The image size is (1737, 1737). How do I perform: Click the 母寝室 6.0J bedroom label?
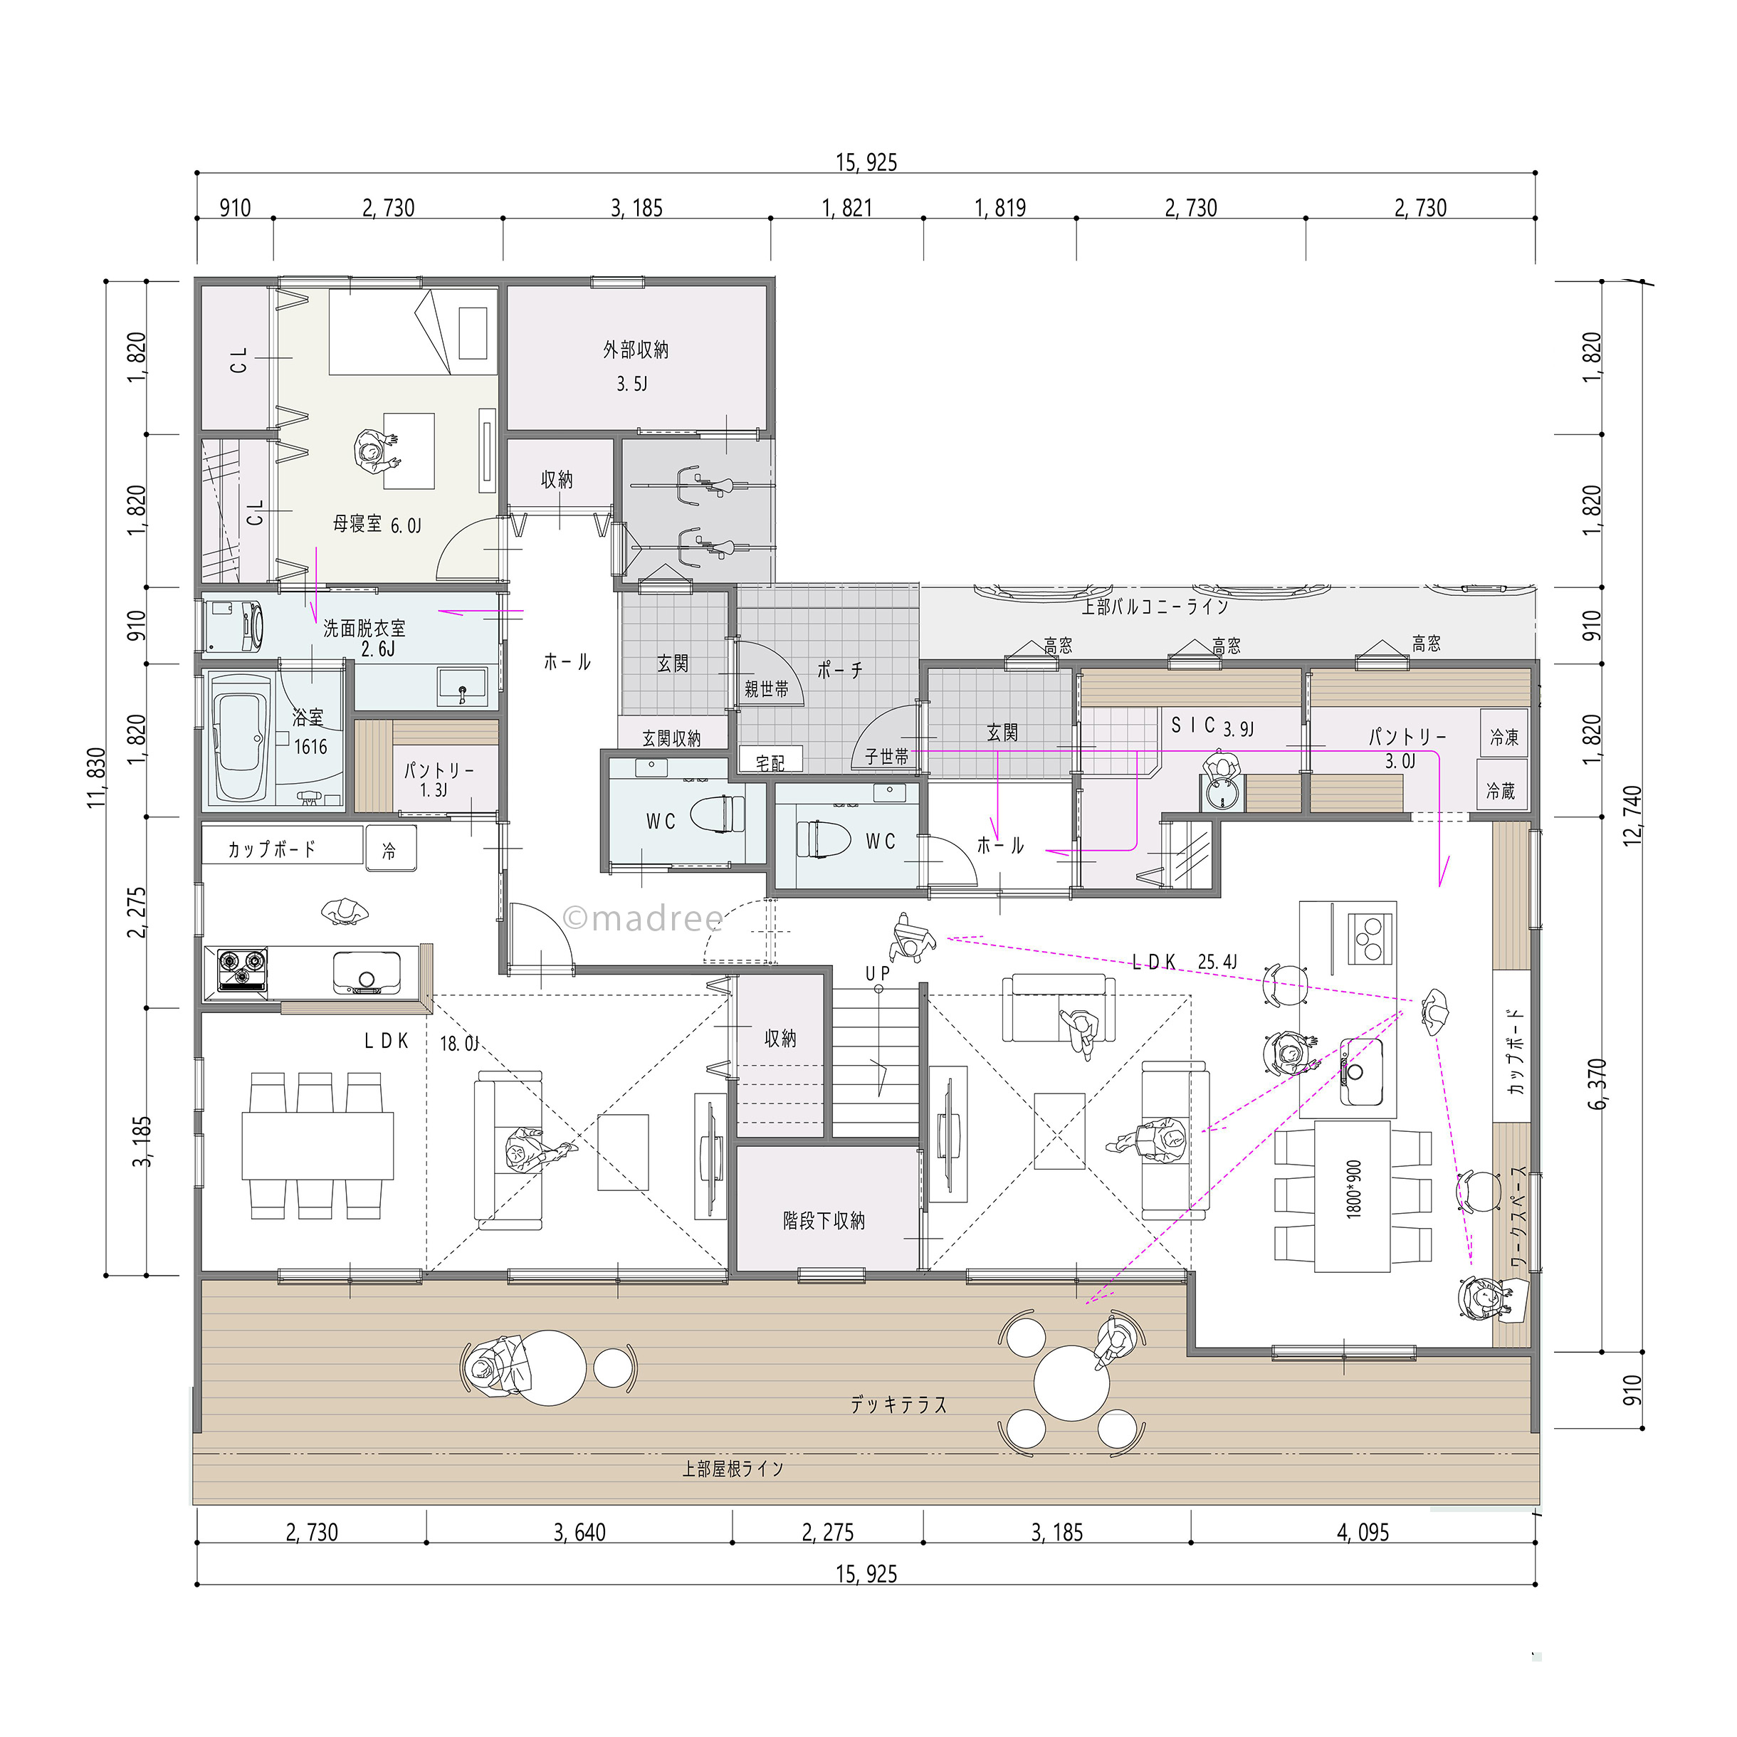(x=377, y=524)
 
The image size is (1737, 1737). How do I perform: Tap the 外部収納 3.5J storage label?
(x=636, y=366)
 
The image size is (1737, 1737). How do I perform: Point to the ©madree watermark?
(x=643, y=918)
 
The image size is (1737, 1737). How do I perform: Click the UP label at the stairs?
(x=878, y=973)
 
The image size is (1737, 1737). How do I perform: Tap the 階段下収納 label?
(x=824, y=1220)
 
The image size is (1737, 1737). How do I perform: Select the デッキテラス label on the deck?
(x=899, y=1405)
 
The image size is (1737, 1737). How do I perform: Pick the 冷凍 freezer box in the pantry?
(x=1504, y=736)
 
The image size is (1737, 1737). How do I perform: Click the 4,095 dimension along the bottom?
(x=1363, y=1532)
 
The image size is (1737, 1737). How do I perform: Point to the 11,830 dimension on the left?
(x=97, y=777)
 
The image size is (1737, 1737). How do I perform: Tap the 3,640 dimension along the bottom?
(x=580, y=1532)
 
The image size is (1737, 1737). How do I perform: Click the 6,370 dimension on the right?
(x=1597, y=1084)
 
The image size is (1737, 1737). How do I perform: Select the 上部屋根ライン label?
(x=733, y=1469)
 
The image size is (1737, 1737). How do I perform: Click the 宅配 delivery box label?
(x=770, y=763)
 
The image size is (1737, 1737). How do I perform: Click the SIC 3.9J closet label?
(x=1212, y=726)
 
